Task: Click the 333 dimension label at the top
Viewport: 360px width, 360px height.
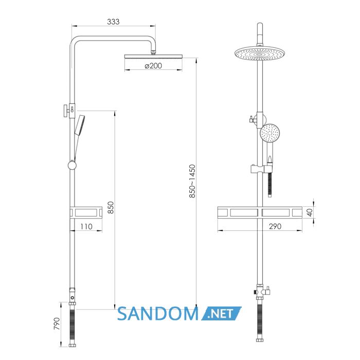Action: pyautogui.click(x=113, y=22)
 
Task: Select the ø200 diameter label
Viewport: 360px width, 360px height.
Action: pyautogui.click(x=153, y=66)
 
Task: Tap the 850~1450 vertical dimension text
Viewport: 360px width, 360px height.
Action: pyautogui.click(x=192, y=181)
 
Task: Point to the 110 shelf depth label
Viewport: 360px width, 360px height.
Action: pyautogui.click(x=86, y=227)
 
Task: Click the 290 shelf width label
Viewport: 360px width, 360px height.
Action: pyautogui.click(x=275, y=226)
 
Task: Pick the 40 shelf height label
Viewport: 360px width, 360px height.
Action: pyautogui.click(x=310, y=212)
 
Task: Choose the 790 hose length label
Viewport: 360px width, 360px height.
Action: pyautogui.click(x=57, y=323)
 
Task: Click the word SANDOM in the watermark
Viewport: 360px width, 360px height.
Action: pyautogui.click(x=158, y=314)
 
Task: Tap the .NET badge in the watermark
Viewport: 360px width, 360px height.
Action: pyautogui.click(x=222, y=313)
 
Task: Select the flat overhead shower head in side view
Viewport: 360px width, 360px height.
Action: pyautogui.click(x=153, y=57)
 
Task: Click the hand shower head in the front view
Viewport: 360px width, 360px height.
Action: pyautogui.click(x=270, y=133)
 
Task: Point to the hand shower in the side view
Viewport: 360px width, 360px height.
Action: pyautogui.click(x=79, y=125)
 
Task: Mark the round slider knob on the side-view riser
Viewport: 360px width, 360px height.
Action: pyautogui.click(x=72, y=165)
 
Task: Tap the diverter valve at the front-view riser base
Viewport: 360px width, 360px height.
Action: pyautogui.click(x=261, y=292)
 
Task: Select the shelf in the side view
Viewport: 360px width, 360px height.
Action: pyautogui.click(x=86, y=212)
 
